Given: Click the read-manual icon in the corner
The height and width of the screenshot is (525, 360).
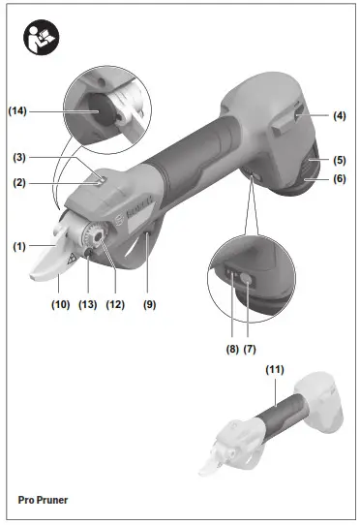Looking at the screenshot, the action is point(42,37).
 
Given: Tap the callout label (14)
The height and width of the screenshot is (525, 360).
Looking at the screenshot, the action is point(17,110).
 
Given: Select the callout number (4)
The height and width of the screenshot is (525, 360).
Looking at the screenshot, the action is point(340,116).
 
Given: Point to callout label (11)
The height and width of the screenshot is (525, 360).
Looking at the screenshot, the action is point(275,370).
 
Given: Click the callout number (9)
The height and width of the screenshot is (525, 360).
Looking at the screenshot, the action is point(150,304).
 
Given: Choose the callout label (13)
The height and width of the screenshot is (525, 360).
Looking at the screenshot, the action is point(88,304).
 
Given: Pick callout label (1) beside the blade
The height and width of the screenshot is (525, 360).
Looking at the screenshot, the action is point(19,247).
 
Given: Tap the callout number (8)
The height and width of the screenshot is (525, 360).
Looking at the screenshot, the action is point(232,350).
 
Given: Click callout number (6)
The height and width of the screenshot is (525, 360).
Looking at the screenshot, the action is point(340,178).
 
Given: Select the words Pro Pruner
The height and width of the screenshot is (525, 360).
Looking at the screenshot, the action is point(43,500).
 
